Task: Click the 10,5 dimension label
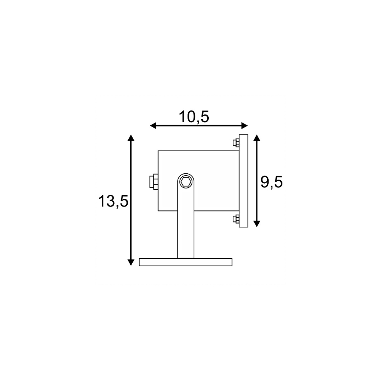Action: pos(194,117)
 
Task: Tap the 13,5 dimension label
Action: pos(113,202)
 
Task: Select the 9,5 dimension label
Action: pos(272,182)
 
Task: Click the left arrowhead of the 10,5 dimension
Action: pos(153,126)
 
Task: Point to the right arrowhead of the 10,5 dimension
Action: pos(245,126)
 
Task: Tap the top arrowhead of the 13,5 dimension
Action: pos(131,138)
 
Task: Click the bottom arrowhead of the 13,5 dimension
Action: pos(131,263)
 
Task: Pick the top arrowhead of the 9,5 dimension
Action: pos(257,138)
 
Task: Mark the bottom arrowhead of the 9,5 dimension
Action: pos(257,224)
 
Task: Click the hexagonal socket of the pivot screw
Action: pos(186,182)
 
